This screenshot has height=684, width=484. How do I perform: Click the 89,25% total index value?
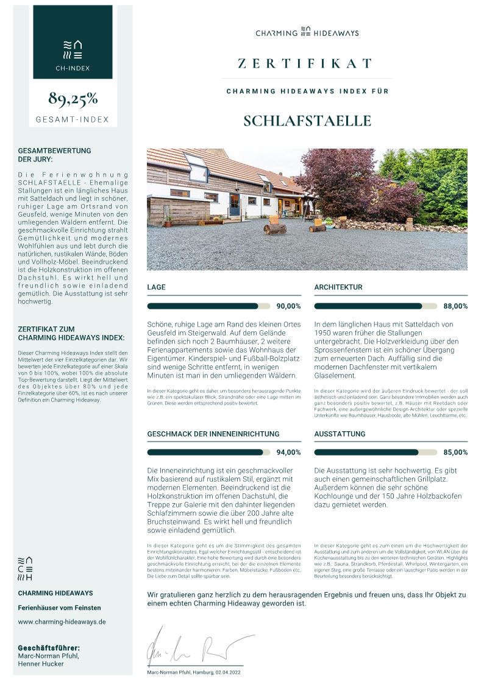(x=73, y=99)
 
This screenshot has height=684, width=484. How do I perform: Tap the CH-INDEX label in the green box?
(x=73, y=68)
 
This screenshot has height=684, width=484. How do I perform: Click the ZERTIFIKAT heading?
(x=305, y=63)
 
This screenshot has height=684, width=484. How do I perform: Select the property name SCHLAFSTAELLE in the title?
(x=307, y=120)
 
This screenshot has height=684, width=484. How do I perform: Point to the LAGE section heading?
(x=156, y=287)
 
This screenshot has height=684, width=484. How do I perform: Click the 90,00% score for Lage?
(x=288, y=306)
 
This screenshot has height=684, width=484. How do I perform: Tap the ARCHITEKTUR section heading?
(x=338, y=287)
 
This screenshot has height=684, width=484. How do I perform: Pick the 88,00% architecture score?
(x=455, y=306)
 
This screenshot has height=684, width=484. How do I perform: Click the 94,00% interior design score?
(x=288, y=453)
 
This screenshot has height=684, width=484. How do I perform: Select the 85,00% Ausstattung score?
(x=455, y=453)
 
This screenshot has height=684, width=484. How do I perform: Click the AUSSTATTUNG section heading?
(x=340, y=434)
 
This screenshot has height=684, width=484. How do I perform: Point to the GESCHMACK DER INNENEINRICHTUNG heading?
(x=213, y=434)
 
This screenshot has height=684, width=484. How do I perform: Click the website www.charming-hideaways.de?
(x=62, y=622)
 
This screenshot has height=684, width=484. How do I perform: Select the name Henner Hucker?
(x=41, y=664)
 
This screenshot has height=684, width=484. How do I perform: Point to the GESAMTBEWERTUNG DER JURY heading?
(x=54, y=155)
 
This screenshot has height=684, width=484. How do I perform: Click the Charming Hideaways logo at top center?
(x=307, y=32)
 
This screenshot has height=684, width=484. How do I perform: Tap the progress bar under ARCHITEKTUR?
(x=375, y=306)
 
